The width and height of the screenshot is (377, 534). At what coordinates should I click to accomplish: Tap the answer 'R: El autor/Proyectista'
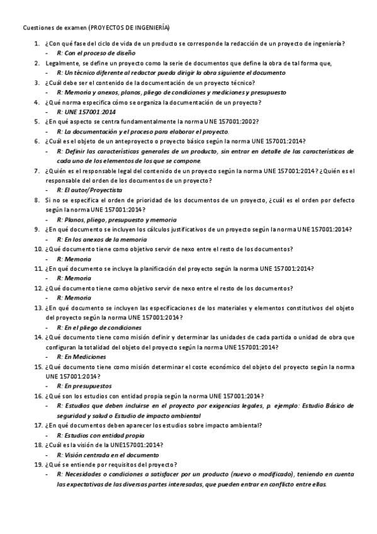coord(89,190)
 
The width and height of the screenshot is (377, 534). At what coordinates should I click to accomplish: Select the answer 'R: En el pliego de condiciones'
coord(99,328)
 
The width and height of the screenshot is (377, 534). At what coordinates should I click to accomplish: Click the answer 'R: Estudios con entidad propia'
coord(100,435)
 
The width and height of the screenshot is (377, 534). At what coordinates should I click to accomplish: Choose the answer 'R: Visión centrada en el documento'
coord(108,455)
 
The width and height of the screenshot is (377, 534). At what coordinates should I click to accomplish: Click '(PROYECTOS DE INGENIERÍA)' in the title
coord(129,28)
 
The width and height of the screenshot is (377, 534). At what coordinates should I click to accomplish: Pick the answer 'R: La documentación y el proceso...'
coord(143,131)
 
